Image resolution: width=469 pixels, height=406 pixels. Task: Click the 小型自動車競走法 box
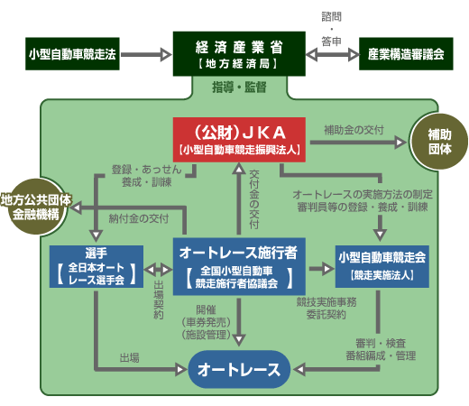72,54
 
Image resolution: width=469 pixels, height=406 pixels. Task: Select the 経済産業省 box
239,53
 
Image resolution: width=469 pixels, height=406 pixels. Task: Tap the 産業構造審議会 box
406,54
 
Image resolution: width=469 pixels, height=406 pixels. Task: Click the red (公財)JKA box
239,140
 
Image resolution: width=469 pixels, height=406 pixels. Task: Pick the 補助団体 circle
439,142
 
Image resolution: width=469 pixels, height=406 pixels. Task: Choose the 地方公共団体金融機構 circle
36,207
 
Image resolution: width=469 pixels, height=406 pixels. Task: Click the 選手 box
97,267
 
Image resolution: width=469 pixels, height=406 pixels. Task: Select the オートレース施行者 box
239,266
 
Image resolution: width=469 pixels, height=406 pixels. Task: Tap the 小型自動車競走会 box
382,266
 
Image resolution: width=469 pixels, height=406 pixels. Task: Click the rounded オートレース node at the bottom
239,369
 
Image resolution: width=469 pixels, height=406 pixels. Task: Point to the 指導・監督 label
239,88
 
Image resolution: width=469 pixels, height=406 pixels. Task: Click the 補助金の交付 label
354,130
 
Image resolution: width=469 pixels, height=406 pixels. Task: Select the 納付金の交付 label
139,218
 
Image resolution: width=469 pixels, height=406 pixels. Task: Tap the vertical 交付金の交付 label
254,199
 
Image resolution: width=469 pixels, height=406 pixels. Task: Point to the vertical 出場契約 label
159,300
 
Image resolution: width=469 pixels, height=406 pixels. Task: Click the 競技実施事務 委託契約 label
326,309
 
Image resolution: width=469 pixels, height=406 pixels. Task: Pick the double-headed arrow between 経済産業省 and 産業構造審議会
333,55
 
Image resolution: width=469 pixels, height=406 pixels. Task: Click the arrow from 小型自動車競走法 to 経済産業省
146,55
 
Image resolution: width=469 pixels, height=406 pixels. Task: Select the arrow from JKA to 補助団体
358,143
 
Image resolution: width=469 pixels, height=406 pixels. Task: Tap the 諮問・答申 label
332,29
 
